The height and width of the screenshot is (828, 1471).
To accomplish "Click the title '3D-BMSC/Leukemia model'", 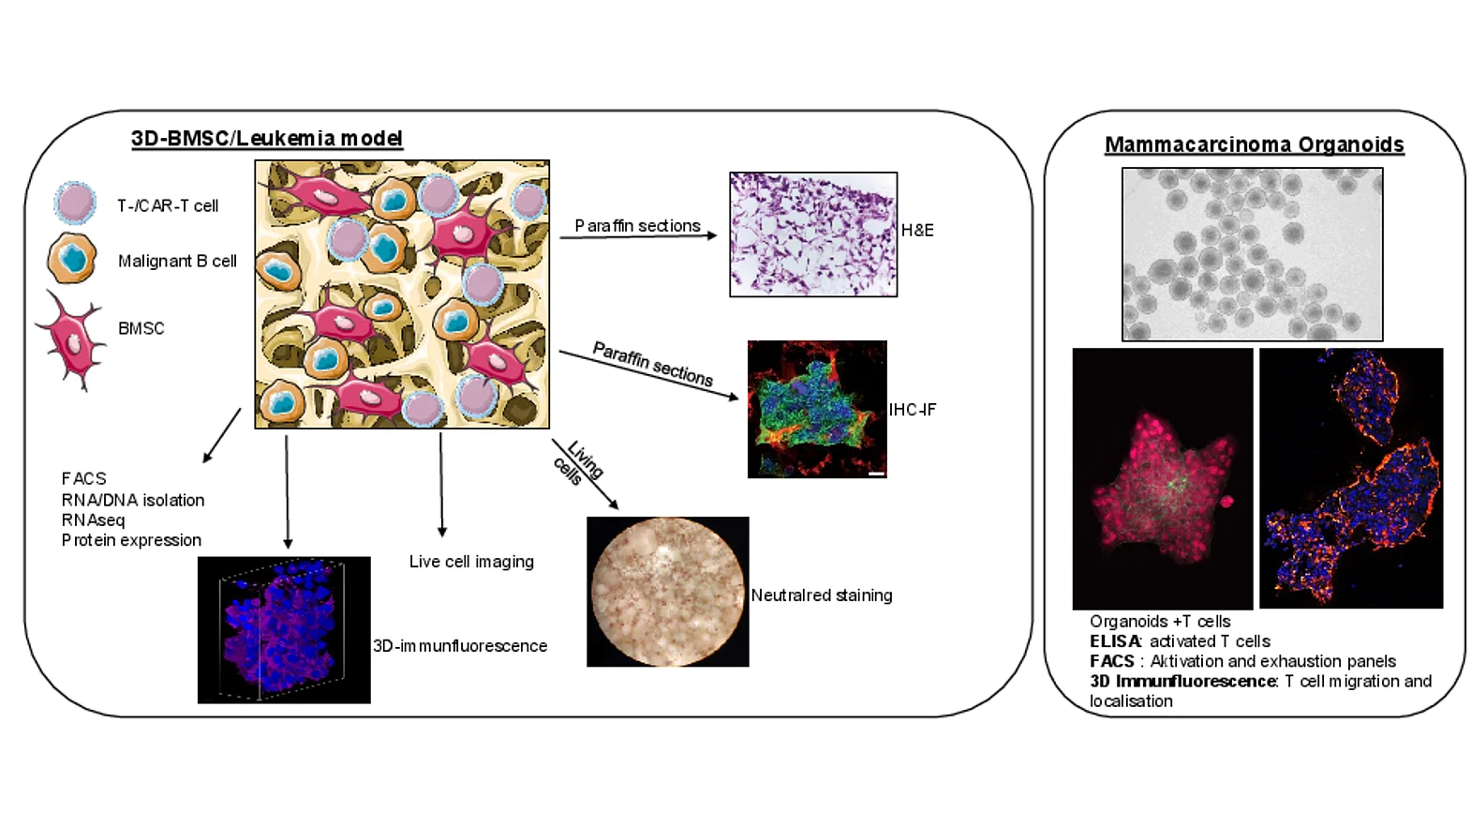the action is point(267,139).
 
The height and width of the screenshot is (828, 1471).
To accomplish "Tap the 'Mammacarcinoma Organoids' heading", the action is point(1255,144).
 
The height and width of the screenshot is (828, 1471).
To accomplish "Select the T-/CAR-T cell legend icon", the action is point(75,203).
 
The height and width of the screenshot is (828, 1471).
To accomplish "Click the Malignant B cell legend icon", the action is point(72,258).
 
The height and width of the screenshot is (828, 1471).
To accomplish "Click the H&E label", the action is point(917,230).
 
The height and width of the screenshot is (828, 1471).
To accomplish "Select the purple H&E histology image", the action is point(813,234).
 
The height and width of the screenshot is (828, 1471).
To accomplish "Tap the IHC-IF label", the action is point(913,410).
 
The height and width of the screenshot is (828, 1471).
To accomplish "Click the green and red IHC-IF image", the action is point(818,409).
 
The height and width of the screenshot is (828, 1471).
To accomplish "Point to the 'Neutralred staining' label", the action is point(822,595).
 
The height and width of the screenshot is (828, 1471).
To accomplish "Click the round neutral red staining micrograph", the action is point(668,592).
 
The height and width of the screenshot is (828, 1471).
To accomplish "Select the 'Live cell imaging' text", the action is point(471,562).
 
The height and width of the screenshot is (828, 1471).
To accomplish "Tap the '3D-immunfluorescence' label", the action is point(460,646).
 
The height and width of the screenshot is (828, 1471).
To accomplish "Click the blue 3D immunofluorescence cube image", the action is point(284,630).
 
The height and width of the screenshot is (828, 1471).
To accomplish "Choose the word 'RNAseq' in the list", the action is point(94,520).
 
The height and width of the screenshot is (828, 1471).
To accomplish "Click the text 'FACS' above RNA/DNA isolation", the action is point(84,478).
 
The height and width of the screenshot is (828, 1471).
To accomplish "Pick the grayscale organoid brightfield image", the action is point(1253,254).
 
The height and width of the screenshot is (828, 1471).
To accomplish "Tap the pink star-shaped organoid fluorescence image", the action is point(1163,479).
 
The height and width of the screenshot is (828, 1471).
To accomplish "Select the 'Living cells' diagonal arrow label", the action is point(576,464).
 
